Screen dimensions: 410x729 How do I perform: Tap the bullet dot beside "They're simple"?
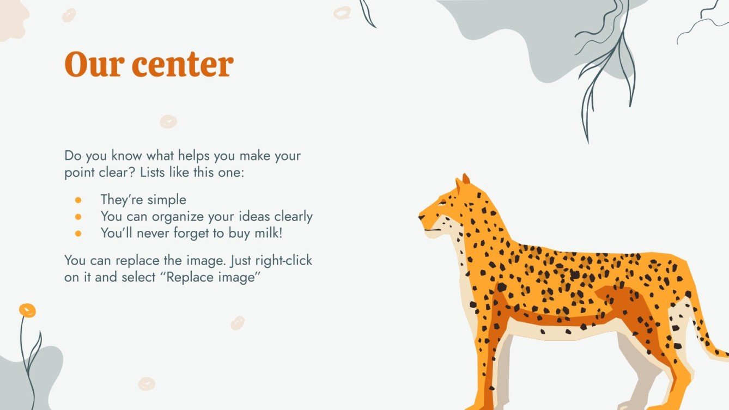pyautogui.click(x=78, y=200)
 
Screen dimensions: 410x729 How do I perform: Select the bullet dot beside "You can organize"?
pyautogui.click(x=78, y=217)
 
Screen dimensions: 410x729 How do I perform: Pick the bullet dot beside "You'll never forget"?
pyautogui.click(x=78, y=233)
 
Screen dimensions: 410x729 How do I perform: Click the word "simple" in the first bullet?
pyautogui.click(x=166, y=200)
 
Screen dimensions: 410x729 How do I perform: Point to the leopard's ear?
pyautogui.click(x=465, y=180)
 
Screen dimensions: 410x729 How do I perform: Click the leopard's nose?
pyautogui.click(x=421, y=217)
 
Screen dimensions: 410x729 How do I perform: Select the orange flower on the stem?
pyautogui.click(x=27, y=310)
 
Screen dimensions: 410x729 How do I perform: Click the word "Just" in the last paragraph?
pyautogui.click(x=240, y=260)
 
